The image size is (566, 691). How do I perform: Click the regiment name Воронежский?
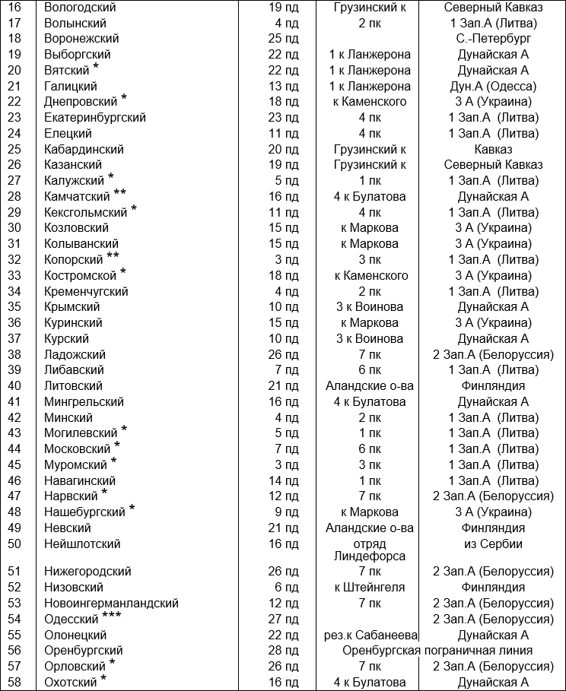81,39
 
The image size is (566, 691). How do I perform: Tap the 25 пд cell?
284,39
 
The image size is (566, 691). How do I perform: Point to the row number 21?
14,87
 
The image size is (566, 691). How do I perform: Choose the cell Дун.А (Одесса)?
492,87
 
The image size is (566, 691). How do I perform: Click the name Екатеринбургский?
95,118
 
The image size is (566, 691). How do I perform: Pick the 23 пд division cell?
284,118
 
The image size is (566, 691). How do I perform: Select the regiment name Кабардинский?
84,150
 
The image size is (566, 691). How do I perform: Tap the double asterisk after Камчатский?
120,194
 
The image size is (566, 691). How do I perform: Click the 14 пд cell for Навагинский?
284,480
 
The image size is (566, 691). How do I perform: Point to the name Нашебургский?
84,512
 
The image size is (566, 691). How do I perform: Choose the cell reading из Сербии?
492,544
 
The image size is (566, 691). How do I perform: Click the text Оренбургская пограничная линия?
436,651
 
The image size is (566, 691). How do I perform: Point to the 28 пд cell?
284,651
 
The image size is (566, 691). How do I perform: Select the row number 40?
14,386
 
